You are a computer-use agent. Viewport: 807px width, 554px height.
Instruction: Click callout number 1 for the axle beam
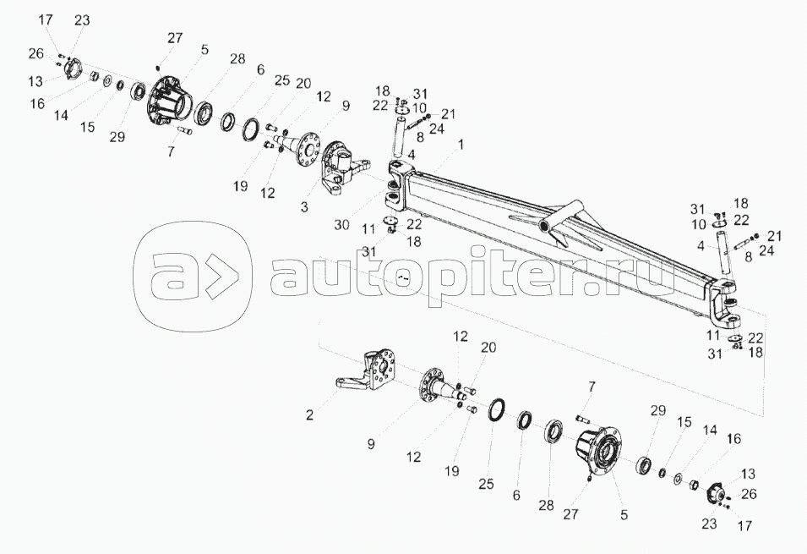point(461,145)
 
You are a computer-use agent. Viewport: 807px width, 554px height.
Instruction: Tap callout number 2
point(309,414)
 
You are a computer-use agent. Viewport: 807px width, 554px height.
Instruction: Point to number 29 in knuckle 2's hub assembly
point(657,410)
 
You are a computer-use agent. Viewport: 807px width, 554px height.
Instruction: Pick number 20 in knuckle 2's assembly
point(488,348)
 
